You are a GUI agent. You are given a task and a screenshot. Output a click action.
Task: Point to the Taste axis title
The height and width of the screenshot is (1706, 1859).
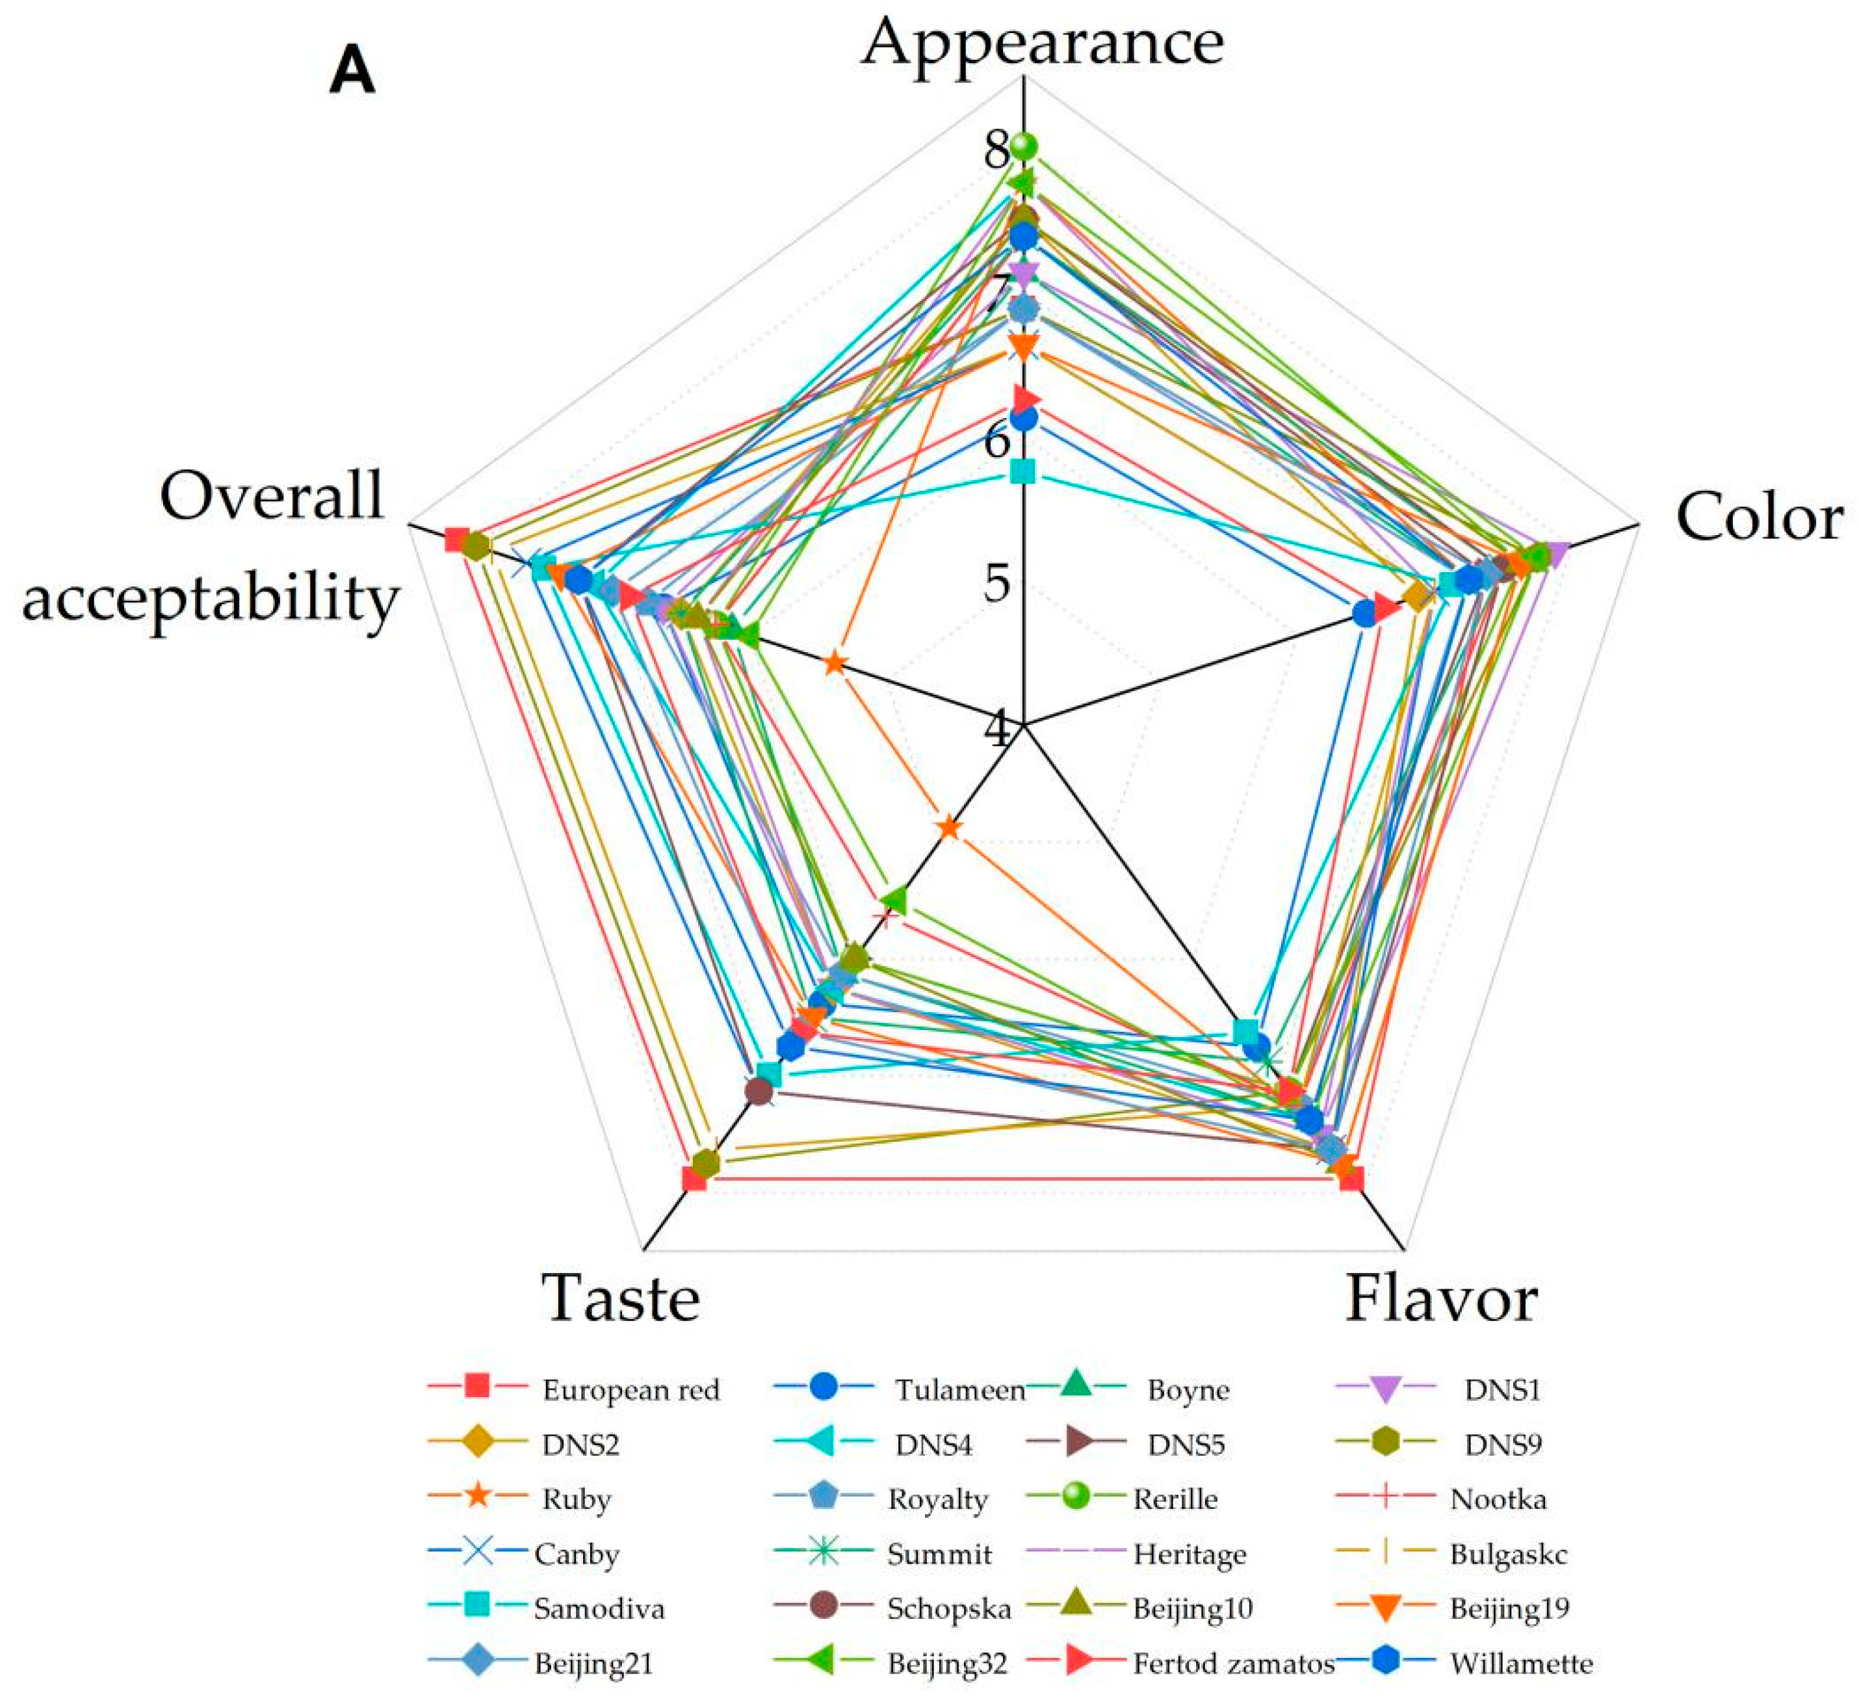pyautogui.click(x=620, y=1298)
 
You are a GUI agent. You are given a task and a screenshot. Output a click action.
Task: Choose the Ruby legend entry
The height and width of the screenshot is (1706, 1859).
pyautogui.click(x=576, y=1499)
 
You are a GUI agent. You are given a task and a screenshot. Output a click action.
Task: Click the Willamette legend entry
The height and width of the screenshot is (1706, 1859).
pyautogui.click(x=1521, y=1664)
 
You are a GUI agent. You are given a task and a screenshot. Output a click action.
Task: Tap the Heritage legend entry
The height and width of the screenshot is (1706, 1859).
pyautogui.click(x=1189, y=1554)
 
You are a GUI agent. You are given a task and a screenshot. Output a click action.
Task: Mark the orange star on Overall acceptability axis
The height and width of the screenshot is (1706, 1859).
pyautogui.click(x=835, y=663)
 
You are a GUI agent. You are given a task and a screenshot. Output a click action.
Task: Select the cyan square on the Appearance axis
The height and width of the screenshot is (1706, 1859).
pyautogui.click(x=1022, y=472)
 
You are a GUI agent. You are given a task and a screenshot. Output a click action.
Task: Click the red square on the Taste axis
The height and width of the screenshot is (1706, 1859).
pyautogui.click(x=694, y=1179)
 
